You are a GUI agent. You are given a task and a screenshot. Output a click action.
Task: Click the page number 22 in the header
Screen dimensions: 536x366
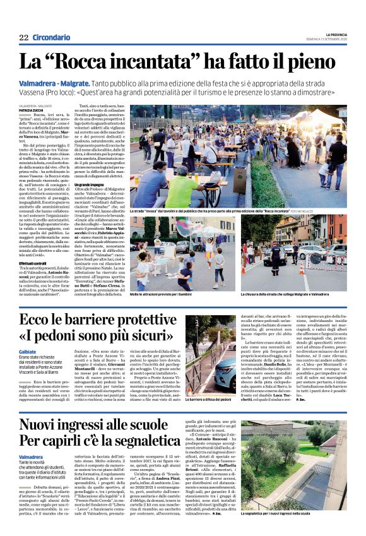pyautogui.click(x=23, y=37)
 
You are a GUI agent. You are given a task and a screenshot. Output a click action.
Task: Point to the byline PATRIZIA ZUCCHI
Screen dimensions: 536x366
pyautogui.click(x=32, y=110)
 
